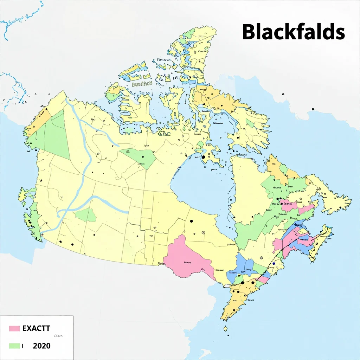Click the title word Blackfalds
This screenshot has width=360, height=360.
point(293,32)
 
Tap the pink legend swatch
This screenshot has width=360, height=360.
point(14,328)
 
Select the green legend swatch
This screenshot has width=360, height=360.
point(14,346)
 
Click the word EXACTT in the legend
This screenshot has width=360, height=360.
point(36,329)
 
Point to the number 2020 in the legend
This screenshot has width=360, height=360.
point(41,346)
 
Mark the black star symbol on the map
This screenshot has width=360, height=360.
point(60,242)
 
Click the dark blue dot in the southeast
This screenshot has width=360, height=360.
point(274,263)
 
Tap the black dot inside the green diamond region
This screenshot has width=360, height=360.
point(142,157)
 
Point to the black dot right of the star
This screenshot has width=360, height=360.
point(72,244)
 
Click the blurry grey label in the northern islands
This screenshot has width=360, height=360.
point(141,84)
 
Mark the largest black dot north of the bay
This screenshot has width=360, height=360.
point(203,157)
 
